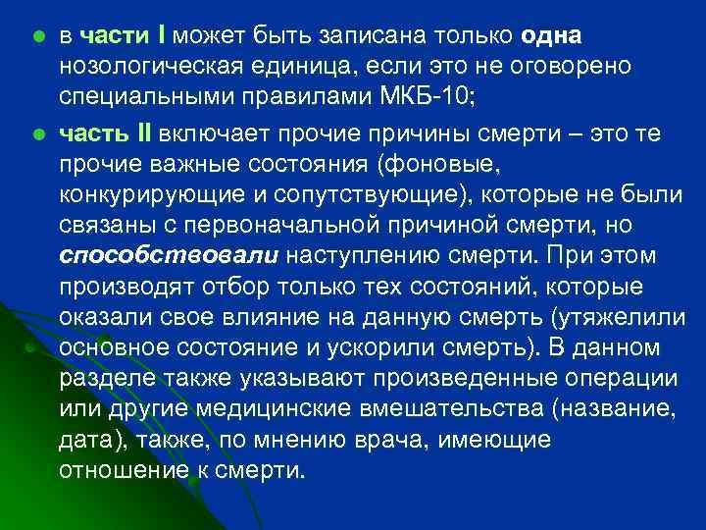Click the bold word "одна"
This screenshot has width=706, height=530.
coord(552,36)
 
